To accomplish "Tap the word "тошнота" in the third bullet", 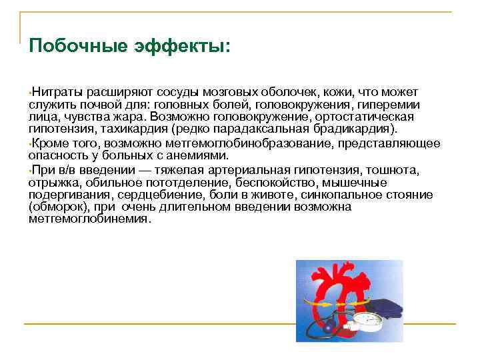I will (x=397, y=170).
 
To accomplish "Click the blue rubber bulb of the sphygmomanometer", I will (x=329, y=329).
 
